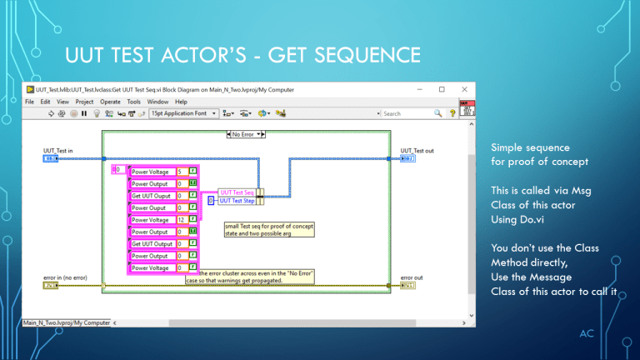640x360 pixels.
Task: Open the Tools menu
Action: point(133,101)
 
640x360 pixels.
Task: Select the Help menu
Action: point(181,101)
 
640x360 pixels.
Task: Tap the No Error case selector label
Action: point(246,133)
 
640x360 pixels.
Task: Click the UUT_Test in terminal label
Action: point(58,151)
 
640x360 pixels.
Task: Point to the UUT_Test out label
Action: point(417,151)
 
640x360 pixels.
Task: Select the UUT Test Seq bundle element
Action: point(236,192)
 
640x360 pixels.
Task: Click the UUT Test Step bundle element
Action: point(237,200)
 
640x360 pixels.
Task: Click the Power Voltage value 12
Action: point(182,220)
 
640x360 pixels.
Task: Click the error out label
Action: point(412,277)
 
